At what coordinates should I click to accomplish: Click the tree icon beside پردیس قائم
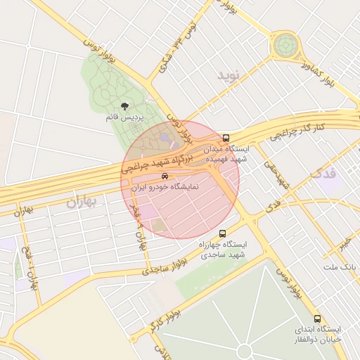pos(125,106)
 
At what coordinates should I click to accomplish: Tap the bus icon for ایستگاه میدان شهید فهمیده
pos(226,138)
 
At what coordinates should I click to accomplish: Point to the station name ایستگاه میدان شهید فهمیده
pos(226,155)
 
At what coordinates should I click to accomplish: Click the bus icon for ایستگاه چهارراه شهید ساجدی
pos(223,233)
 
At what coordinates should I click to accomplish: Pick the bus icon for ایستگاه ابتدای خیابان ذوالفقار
pos(318,319)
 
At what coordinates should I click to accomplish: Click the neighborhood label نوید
pos(229,75)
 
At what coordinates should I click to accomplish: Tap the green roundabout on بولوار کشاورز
pos(285,46)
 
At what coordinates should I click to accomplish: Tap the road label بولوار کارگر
pos(164,316)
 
